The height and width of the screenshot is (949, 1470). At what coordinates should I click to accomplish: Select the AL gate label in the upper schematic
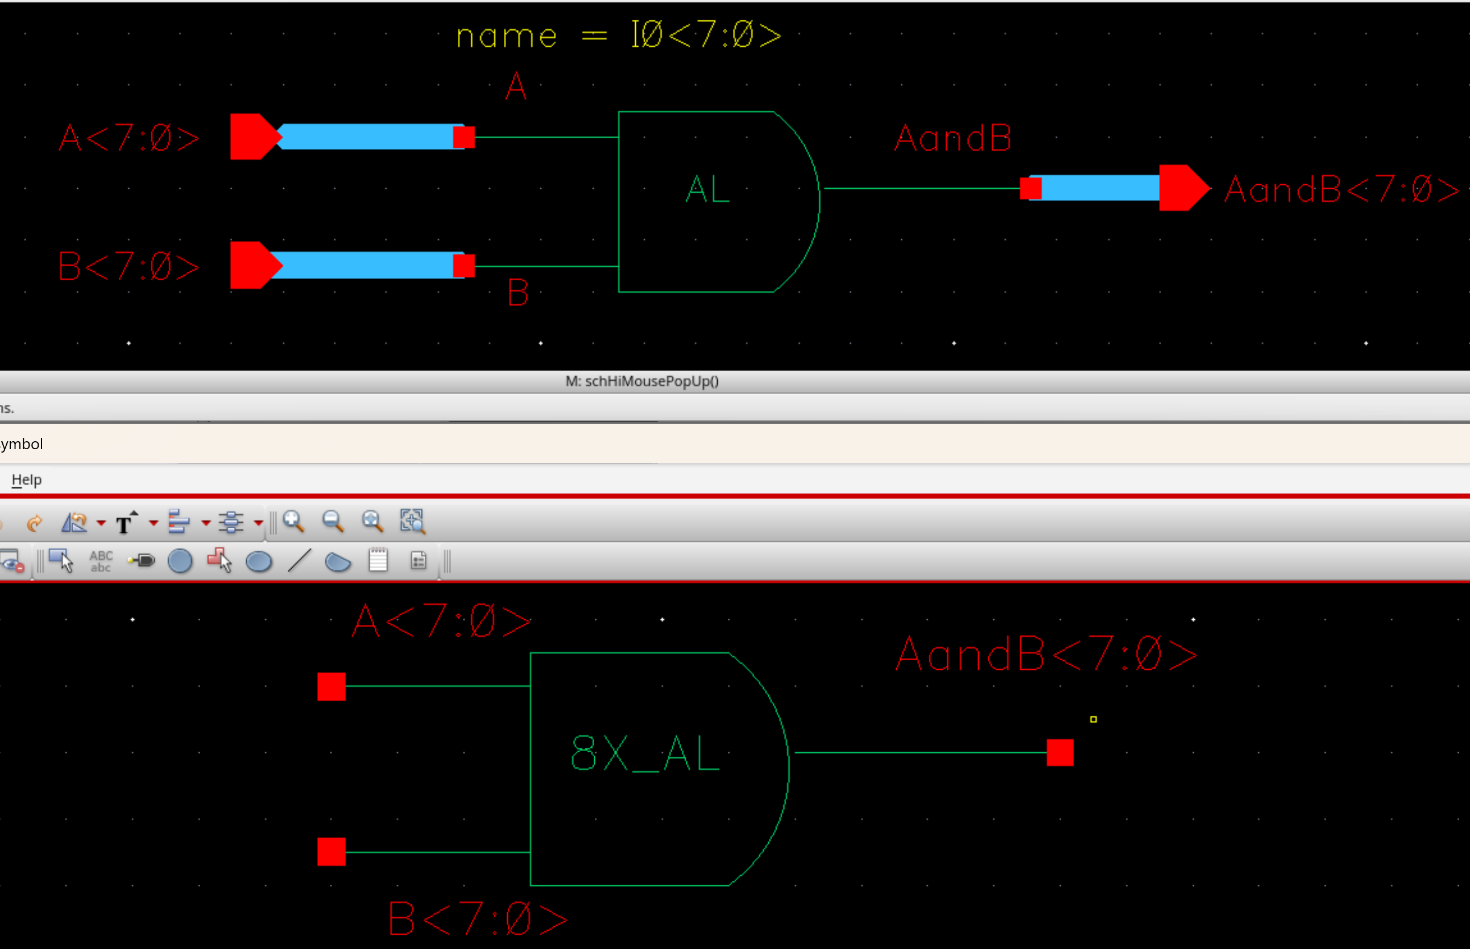click(x=707, y=189)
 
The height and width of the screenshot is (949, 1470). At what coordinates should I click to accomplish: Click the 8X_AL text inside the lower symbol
click(x=645, y=753)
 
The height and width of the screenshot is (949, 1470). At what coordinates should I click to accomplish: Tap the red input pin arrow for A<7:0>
click(x=252, y=137)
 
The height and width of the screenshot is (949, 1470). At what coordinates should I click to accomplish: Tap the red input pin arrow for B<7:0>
click(x=252, y=266)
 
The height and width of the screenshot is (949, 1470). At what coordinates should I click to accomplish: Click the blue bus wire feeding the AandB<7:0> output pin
click(x=1100, y=188)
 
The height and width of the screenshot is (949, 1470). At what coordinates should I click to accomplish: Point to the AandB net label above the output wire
click(x=953, y=138)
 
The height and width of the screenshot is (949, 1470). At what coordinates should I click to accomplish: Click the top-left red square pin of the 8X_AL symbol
click(x=332, y=686)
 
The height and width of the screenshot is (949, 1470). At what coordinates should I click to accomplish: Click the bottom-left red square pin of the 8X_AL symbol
click(x=332, y=852)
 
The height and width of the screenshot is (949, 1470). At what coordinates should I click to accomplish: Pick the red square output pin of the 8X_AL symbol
click(x=1060, y=752)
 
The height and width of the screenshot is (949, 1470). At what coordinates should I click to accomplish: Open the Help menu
click(x=27, y=479)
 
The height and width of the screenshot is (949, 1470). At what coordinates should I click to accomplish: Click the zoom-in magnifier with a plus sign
click(x=293, y=522)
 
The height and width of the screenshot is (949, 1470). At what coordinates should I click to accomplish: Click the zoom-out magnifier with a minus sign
click(x=333, y=522)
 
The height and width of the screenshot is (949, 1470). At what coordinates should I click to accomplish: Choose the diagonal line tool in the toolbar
click(x=300, y=561)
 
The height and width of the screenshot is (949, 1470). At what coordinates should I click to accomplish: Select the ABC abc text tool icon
click(x=101, y=561)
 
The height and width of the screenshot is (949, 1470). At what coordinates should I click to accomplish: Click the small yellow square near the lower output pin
click(x=1094, y=719)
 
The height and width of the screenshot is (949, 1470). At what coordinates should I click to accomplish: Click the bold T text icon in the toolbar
click(x=124, y=523)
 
